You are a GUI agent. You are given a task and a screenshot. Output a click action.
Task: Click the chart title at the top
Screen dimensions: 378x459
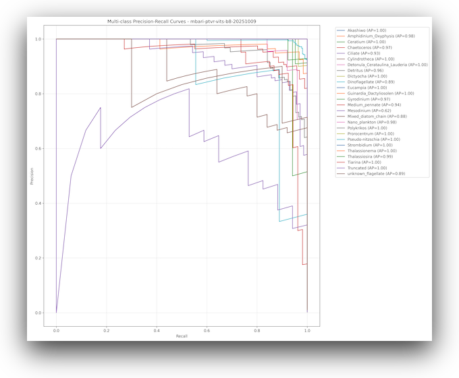point(181,22)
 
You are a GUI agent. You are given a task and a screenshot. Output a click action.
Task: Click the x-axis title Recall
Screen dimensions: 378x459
point(181,336)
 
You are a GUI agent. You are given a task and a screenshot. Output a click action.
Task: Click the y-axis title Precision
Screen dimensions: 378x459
point(31,176)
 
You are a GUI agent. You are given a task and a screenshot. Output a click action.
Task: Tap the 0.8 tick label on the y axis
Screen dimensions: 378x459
point(38,94)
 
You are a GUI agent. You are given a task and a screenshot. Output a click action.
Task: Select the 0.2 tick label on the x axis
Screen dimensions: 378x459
point(106,330)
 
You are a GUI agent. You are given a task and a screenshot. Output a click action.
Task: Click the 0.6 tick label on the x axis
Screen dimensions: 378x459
point(207,330)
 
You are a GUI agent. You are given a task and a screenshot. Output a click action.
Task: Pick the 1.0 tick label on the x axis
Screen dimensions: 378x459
point(307,330)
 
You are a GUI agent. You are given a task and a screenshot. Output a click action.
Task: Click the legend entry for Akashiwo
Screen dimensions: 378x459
point(367,30)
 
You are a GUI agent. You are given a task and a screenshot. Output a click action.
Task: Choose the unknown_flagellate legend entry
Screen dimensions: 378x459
point(376,174)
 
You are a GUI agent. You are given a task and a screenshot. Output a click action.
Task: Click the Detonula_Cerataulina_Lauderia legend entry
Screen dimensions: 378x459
point(387,65)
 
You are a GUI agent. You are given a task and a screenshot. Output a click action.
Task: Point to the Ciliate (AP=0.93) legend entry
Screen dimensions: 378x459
point(367,53)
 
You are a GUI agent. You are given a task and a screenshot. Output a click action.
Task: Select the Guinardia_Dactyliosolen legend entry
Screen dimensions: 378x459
point(381,94)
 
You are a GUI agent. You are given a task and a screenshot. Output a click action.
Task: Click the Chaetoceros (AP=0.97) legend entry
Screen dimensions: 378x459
point(372,48)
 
